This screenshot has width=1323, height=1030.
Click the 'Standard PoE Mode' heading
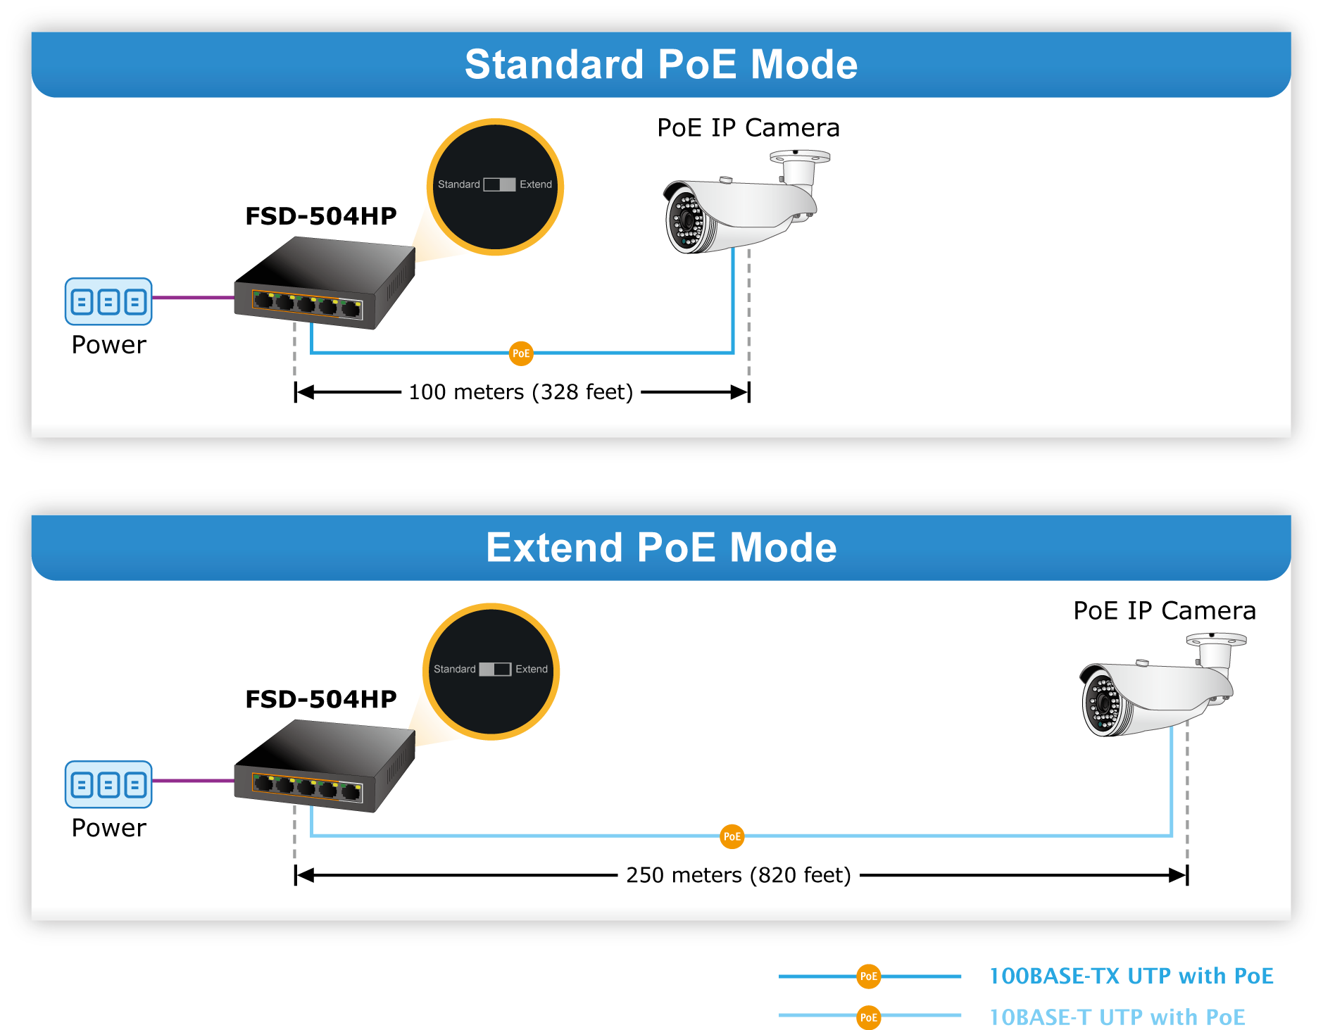661,64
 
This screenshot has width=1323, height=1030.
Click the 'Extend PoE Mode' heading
661,547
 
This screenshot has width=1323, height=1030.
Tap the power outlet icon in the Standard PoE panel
108,301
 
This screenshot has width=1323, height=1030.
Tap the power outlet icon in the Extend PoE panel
108,784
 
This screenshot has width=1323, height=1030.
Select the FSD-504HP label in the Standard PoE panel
321,216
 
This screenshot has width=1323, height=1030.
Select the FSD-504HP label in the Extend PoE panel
321,699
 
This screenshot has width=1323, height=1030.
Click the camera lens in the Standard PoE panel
686,220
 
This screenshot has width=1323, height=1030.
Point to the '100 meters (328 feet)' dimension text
521,391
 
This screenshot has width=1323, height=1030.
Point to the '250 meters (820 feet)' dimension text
739,875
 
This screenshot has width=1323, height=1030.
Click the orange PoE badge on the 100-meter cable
521,353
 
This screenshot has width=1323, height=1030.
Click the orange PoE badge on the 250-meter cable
732,836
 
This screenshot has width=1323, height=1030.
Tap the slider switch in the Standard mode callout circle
499,184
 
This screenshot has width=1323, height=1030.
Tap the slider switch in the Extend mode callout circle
495,669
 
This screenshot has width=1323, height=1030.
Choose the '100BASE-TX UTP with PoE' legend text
1131,976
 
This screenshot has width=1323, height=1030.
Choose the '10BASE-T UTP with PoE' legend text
1117,1017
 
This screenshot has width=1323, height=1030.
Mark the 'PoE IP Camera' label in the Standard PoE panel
748,127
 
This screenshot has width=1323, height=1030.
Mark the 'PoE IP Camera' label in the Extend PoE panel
1165,610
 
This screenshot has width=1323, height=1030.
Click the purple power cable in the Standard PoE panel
194,297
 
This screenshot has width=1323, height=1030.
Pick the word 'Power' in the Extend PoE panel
109,828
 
